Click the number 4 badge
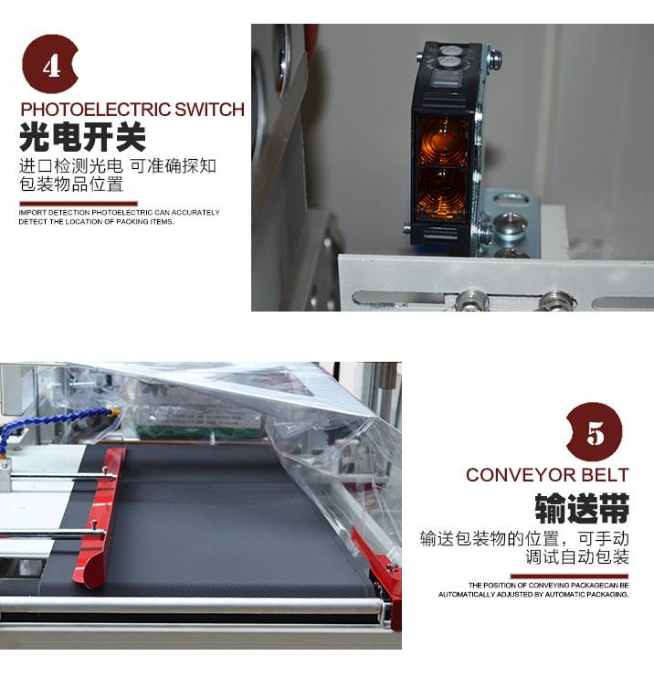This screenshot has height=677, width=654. tap(49, 64)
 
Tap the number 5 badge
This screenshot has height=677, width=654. tap(595, 432)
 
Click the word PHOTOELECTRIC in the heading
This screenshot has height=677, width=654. tap(96, 110)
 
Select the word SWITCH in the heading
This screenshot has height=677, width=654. tap(210, 110)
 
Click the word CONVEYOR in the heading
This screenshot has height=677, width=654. tap(521, 475)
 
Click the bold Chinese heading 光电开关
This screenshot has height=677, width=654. tap(82, 137)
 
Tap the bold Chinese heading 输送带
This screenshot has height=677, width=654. tap(582, 509)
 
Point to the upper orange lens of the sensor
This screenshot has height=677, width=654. tap(441, 141)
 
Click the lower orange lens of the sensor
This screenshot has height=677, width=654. tap(441, 192)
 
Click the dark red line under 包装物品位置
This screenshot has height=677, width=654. tap(79, 204)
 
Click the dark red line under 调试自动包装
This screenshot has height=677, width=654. tap(569, 576)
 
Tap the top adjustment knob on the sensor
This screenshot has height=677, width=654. tap(449, 50)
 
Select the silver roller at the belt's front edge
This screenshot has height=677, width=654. tap(191, 606)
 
